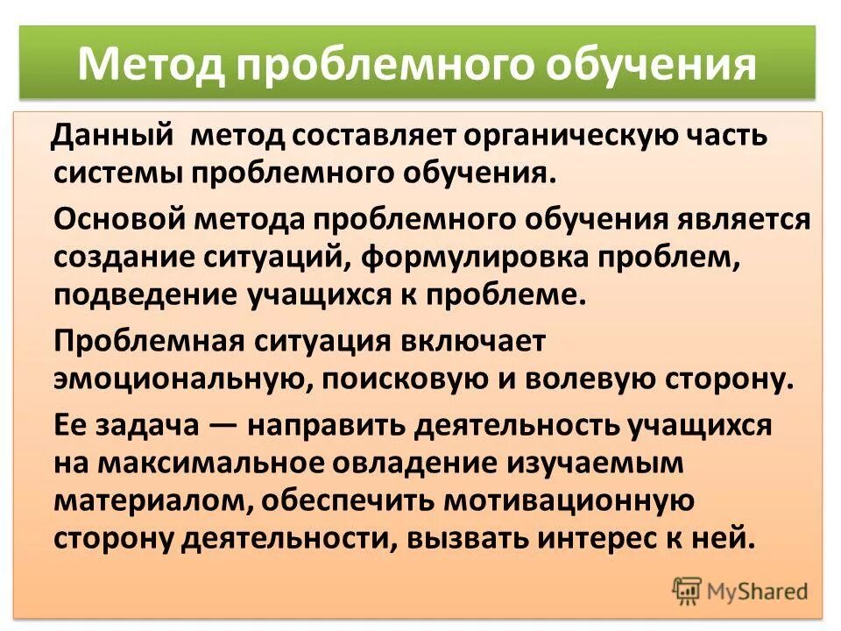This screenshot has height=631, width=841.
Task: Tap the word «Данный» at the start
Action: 112,136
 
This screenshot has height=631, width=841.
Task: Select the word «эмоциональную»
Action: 179,378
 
